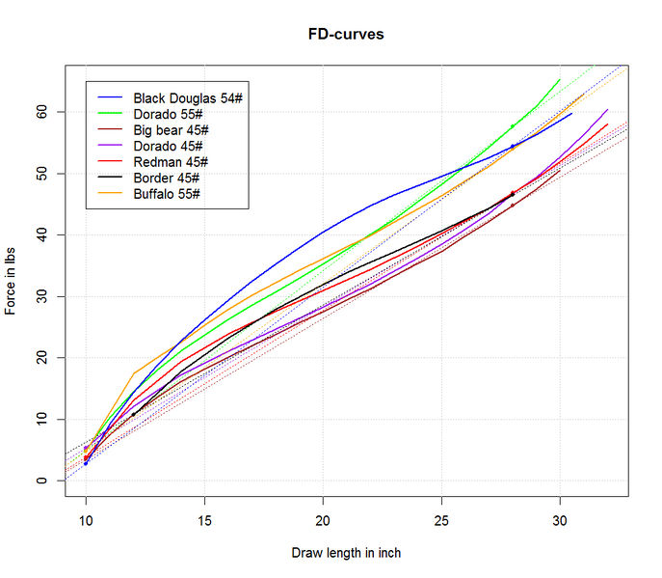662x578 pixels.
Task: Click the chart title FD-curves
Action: tap(331, 35)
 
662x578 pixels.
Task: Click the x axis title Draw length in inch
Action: tap(346, 553)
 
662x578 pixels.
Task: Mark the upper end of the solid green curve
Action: tap(560, 80)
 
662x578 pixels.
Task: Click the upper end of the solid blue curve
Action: tap(571, 114)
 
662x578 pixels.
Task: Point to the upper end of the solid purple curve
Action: tap(607, 110)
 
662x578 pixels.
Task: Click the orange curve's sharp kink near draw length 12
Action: tap(133, 372)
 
